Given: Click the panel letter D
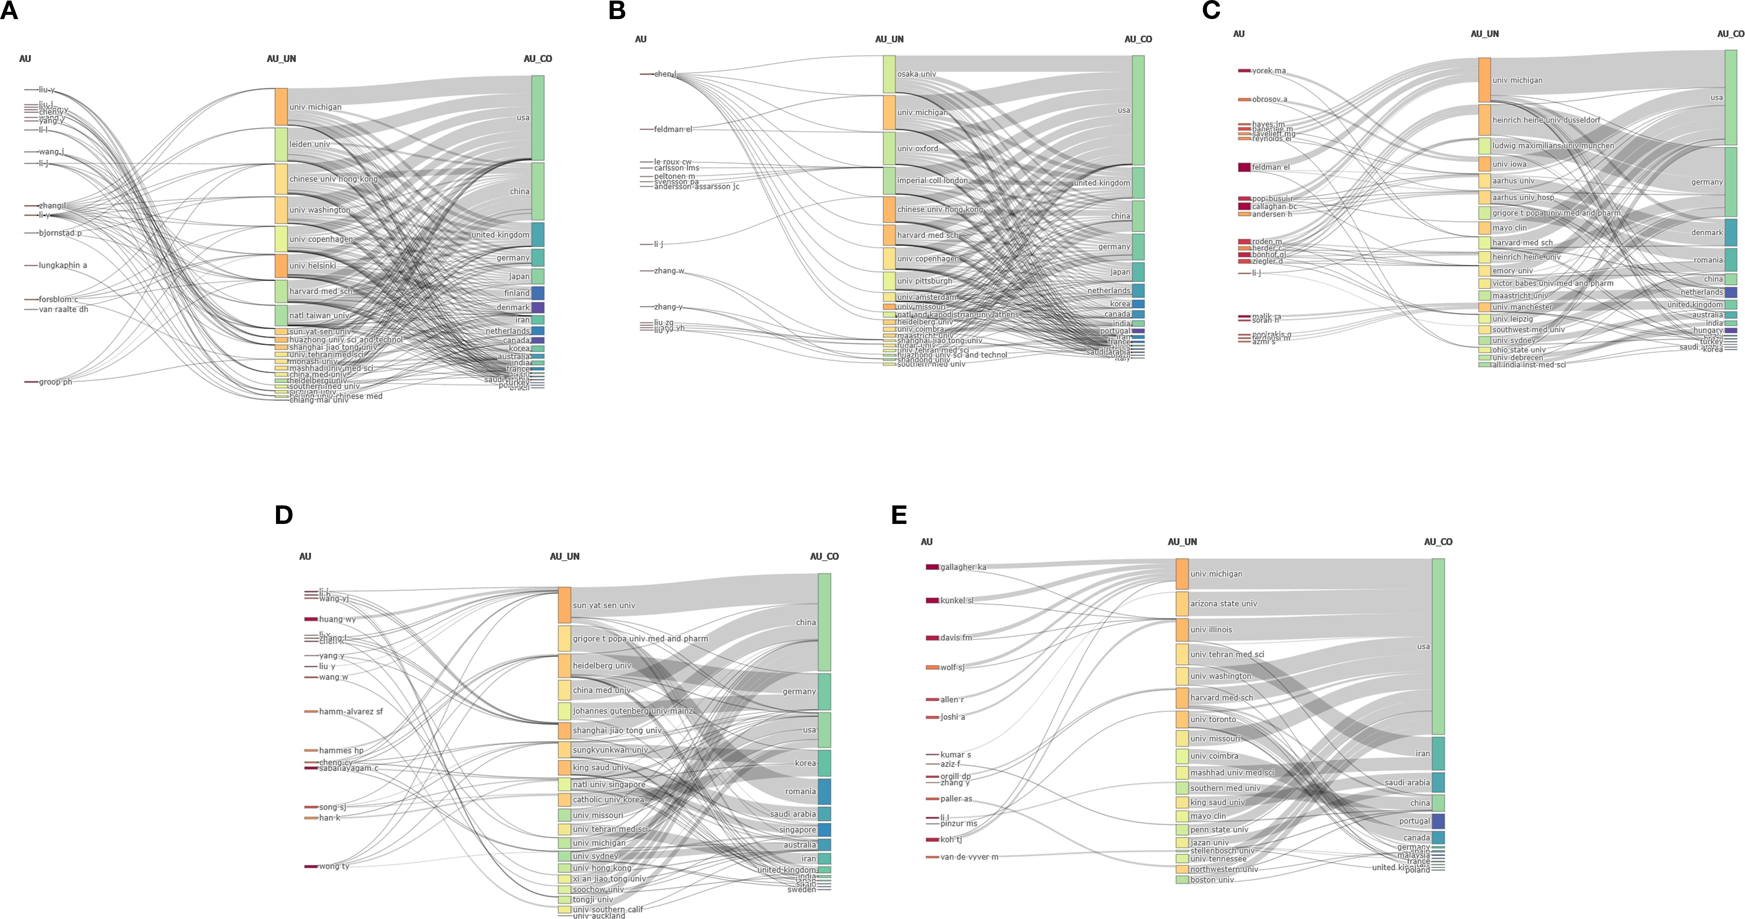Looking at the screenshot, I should pyautogui.click(x=284, y=515).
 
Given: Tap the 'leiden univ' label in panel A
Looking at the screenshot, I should pyautogui.click(x=310, y=144).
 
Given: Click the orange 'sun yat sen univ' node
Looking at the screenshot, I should pyautogui.click(x=564, y=605).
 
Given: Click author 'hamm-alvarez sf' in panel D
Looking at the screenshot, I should pyautogui.click(x=350, y=712).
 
